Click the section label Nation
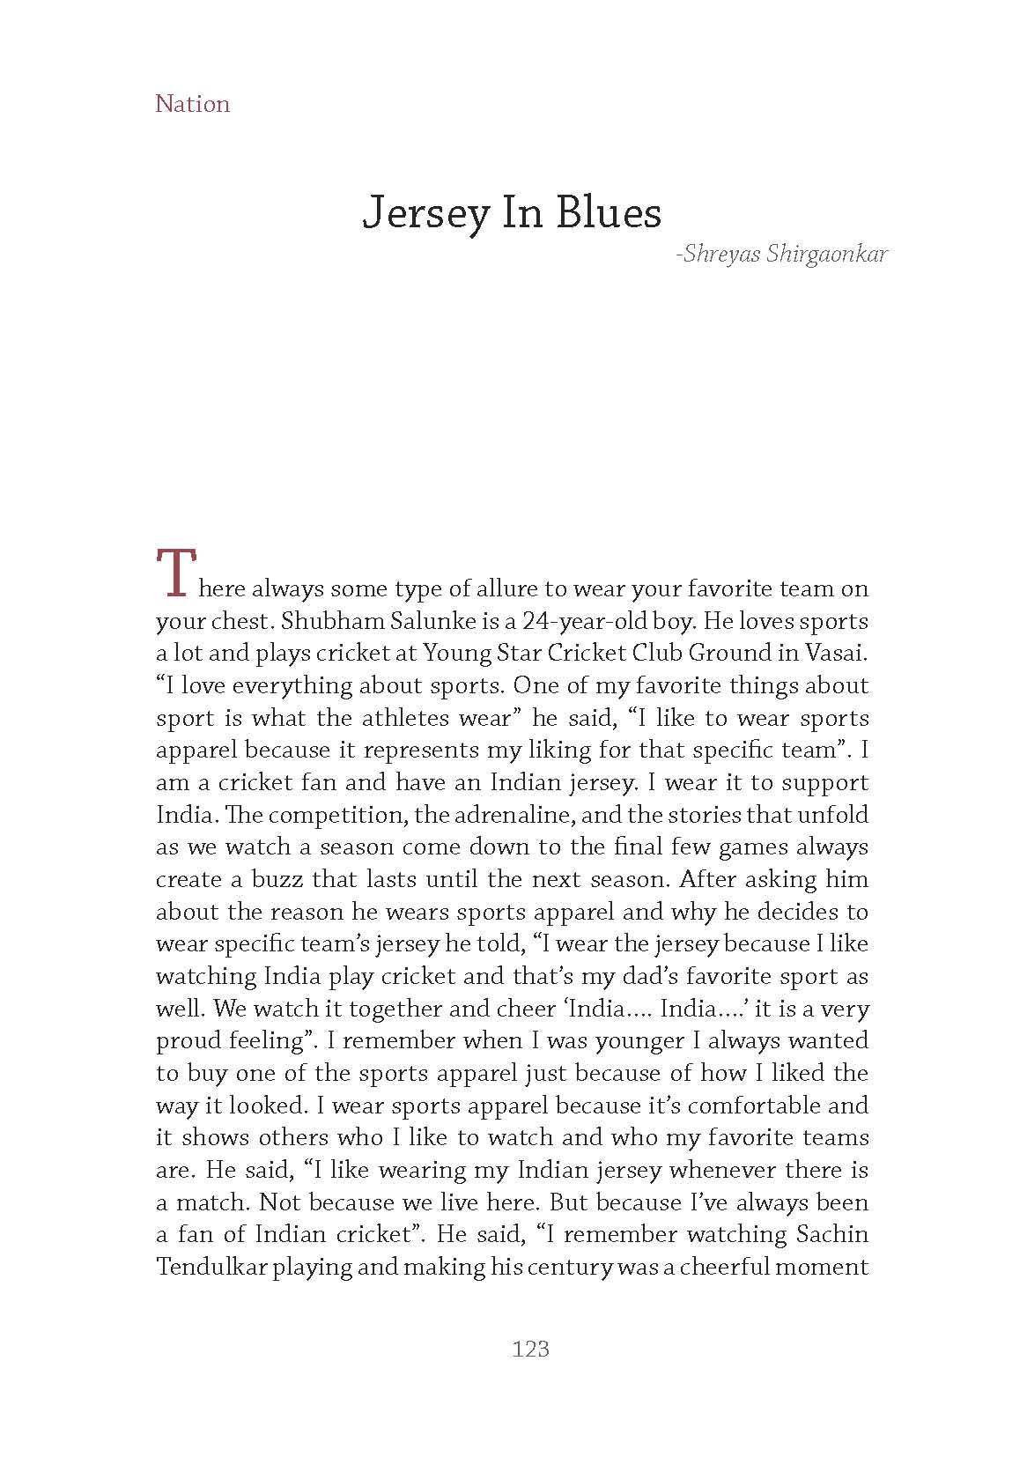192,104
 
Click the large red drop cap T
174,572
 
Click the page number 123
530,1349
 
